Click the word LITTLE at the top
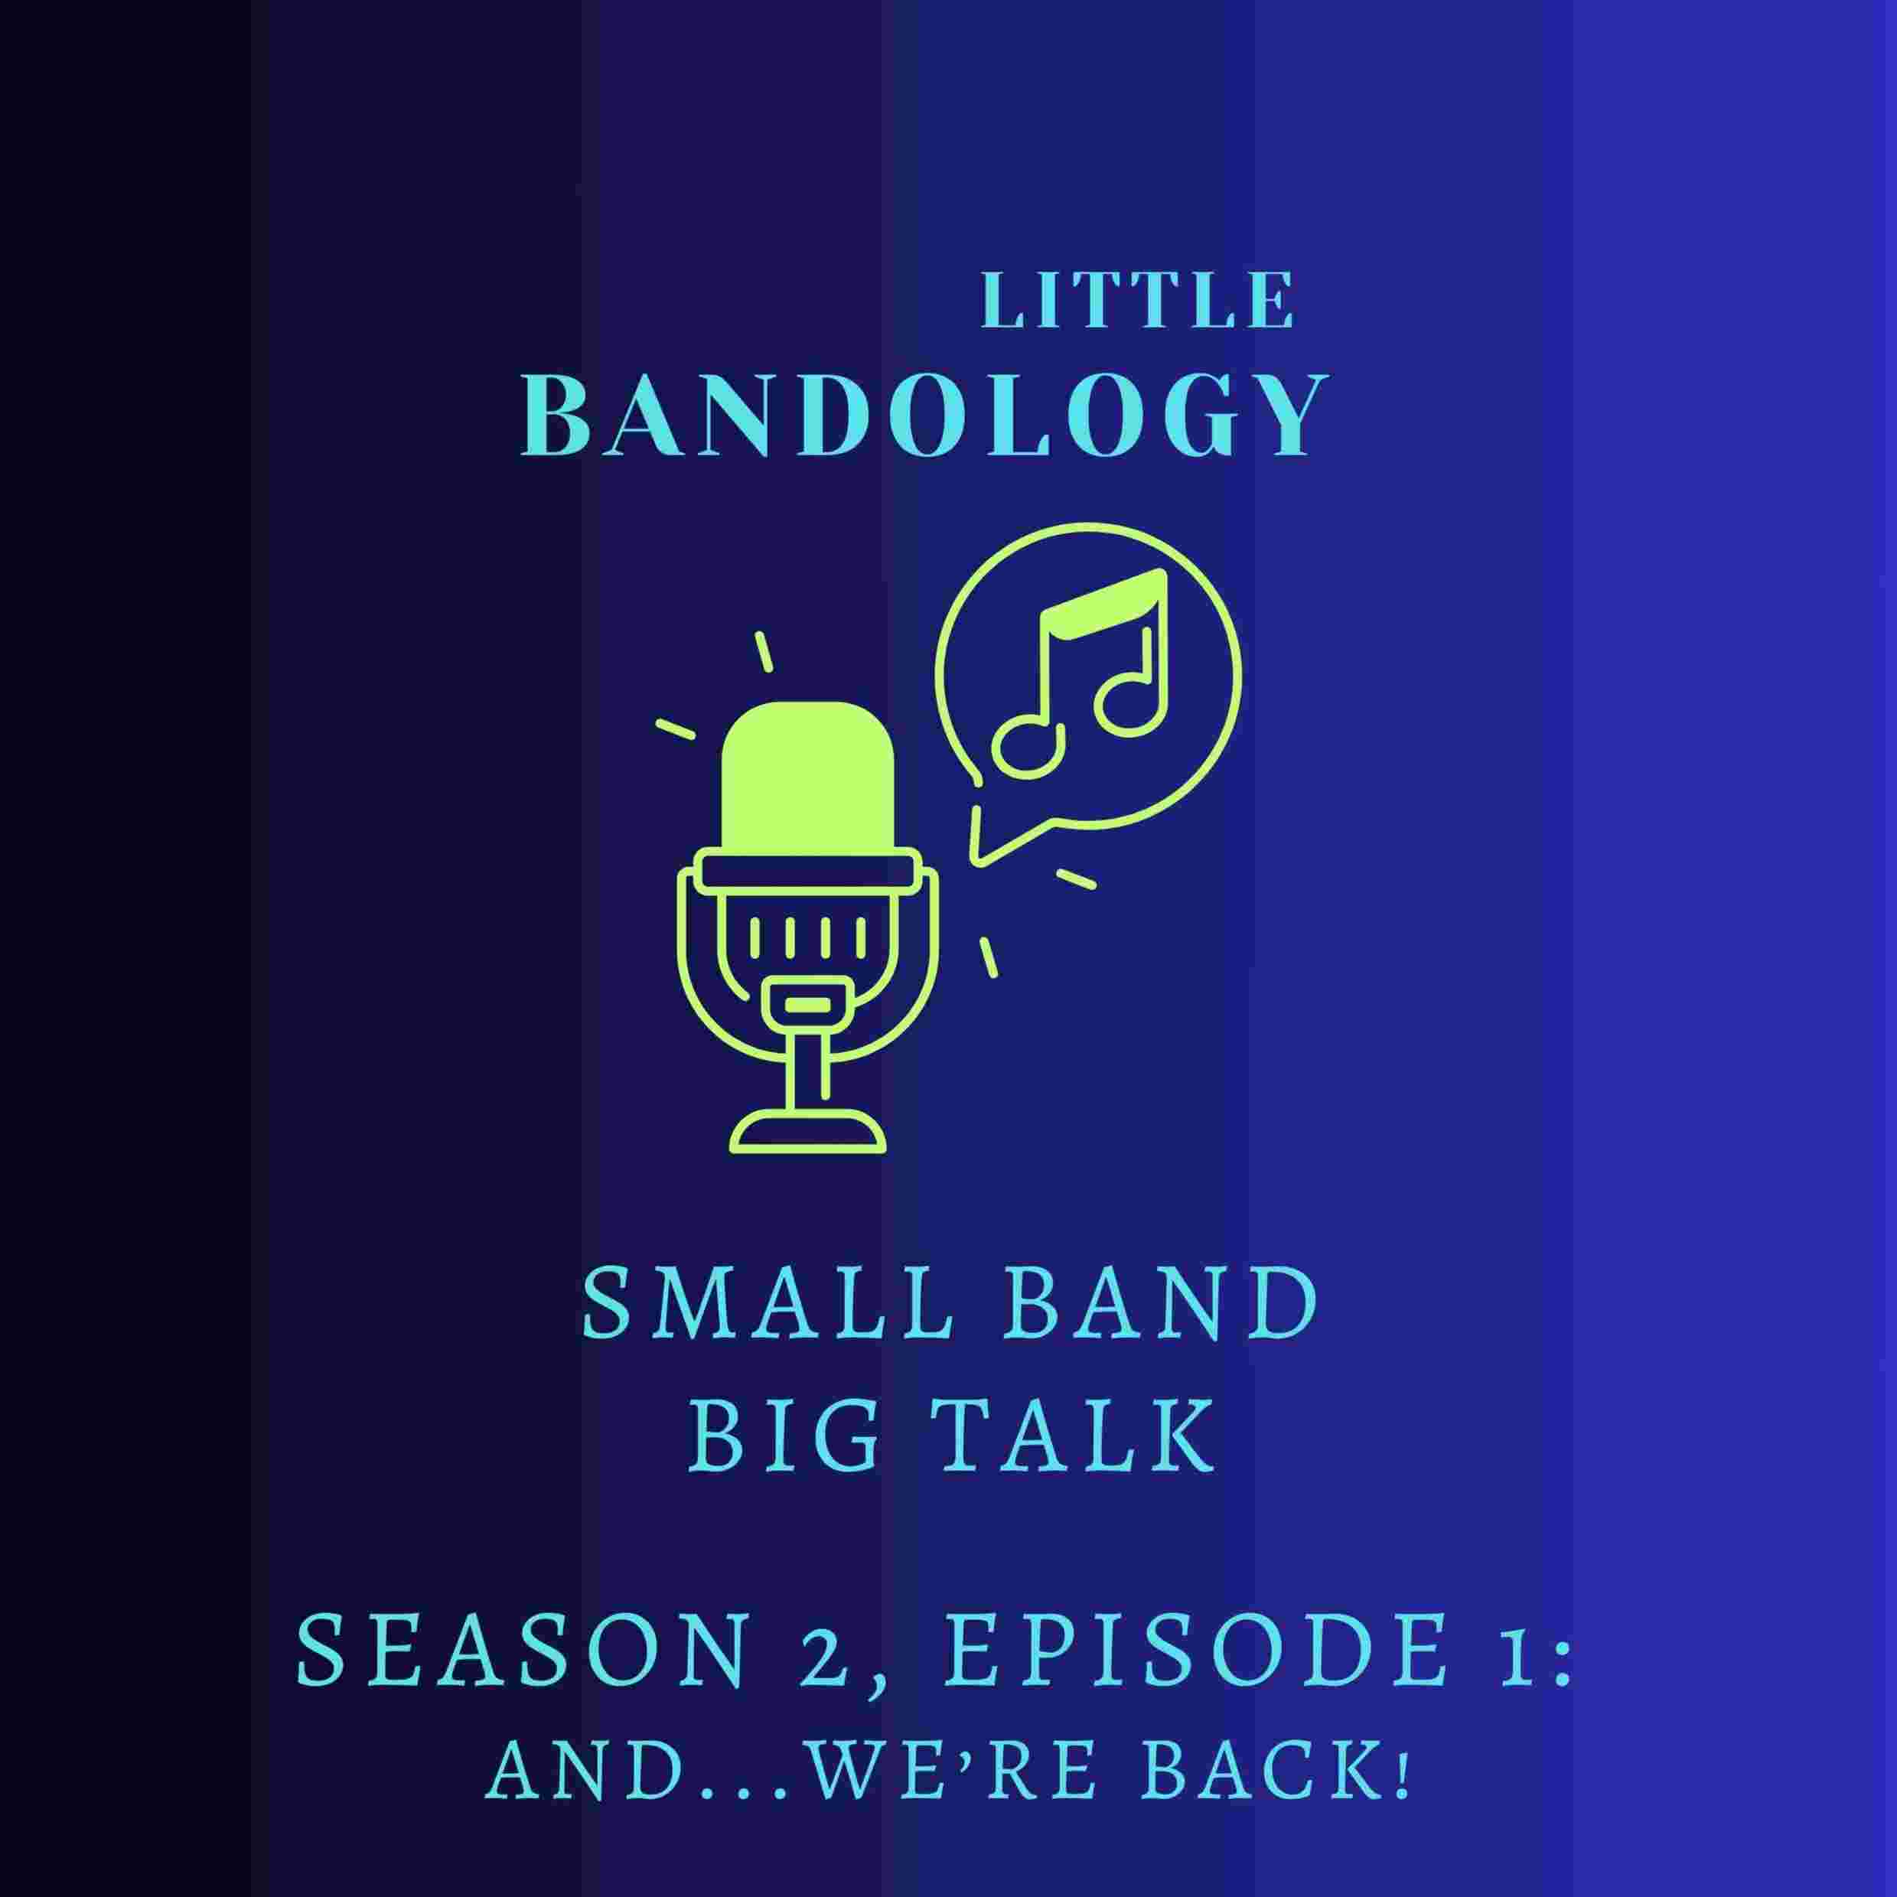(1138, 301)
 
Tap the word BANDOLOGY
(925, 416)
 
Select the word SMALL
(767, 1307)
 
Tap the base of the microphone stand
(807, 1136)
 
